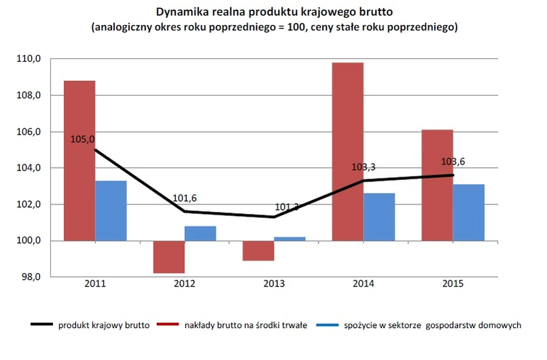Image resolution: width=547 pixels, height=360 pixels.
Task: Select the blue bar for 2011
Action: click(111, 211)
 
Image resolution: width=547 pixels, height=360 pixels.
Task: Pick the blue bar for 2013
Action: click(289, 238)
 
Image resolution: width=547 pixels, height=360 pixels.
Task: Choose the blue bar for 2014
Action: click(379, 217)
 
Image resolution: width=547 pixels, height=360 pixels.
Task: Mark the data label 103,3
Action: click(364, 166)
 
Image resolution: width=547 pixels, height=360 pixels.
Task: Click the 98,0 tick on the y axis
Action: click(31, 277)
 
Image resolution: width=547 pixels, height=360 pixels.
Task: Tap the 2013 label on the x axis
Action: click(274, 284)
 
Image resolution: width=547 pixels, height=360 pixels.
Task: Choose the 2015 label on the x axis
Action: click(453, 284)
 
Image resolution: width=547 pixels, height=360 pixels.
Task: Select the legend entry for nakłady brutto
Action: click(245, 325)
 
